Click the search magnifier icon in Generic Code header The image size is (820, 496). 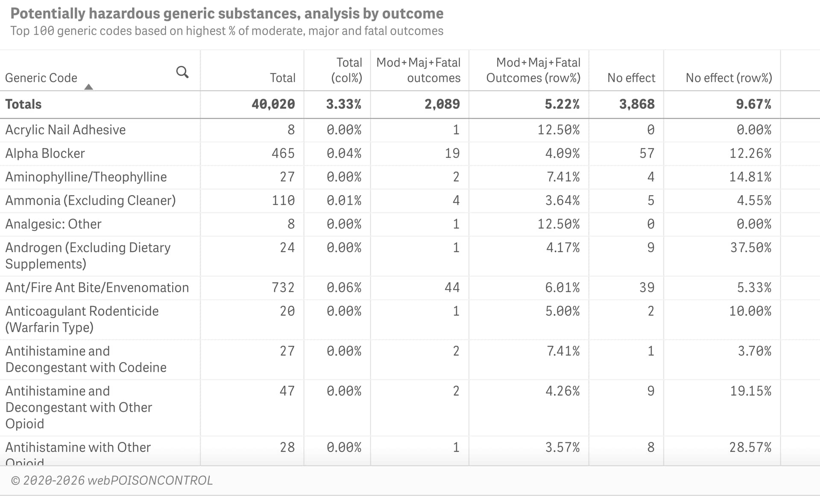pyautogui.click(x=182, y=72)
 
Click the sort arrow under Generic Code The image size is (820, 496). pyautogui.click(x=88, y=87)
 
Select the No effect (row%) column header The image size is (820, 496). pyautogui.click(x=729, y=78)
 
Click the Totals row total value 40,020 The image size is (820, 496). pyautogui.click(x=273, y=104)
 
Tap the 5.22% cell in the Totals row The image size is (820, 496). pyautogui.click(x=562, y=104)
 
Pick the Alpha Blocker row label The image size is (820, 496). pyautogui.click(x=45, y=153)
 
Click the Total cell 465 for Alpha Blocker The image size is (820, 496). pyautogui.click(x=283, y=153)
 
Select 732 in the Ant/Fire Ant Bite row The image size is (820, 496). pyautogui.click(x=283, y=287)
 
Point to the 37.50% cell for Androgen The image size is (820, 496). pyautogui.click(x=750, y=248)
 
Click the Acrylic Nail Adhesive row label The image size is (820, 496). pyautogui.click(x=65, y=130)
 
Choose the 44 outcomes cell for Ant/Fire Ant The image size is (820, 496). pyautogui.click(x=452, y=287)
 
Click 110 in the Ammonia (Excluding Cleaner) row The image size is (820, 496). pyautogui.click(x=283, y=200)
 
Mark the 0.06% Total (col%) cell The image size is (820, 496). pyautogui.click(x=344, y=287)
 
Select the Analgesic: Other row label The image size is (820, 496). pyautogui.click(x=53, y=224)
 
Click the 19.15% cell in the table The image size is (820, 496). pyautogui.click(x=750, y=391)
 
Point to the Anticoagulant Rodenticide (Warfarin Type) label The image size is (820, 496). pyautogui.click(x=82, y=319)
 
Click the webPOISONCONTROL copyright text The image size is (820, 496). pyautogui.click(x=112, y=480)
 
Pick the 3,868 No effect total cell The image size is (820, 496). pyautogui.click(x=636, y=104)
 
